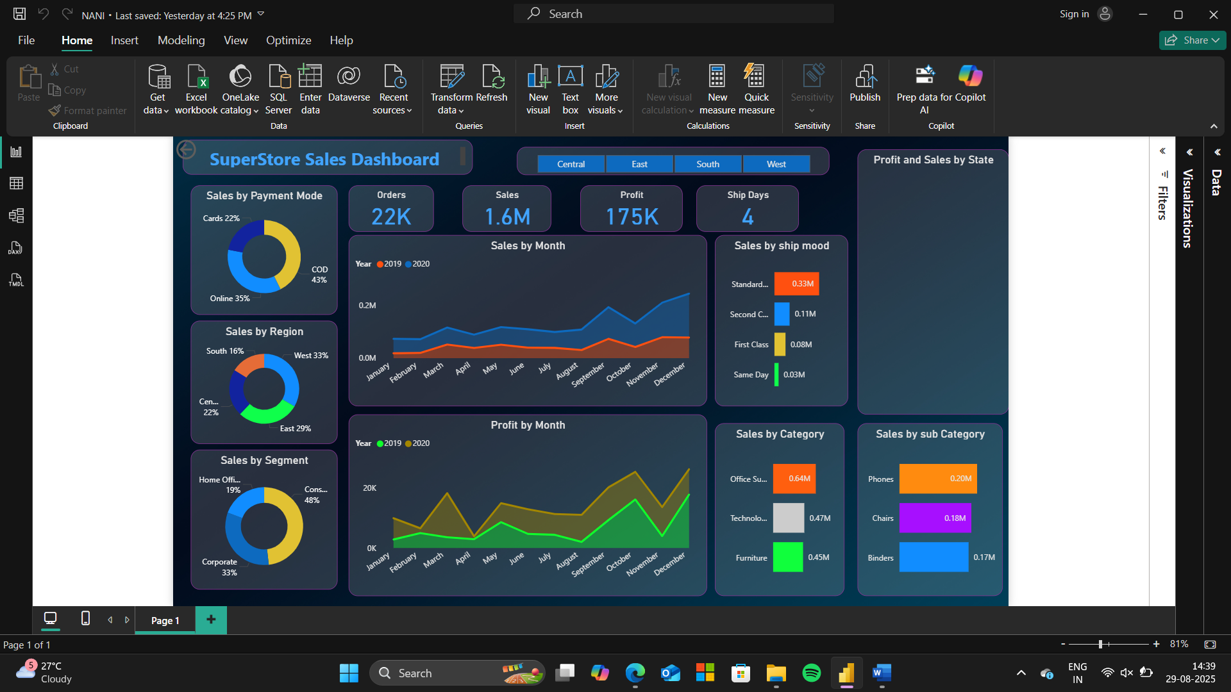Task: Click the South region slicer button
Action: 708,164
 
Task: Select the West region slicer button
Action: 776,164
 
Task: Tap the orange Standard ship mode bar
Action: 796,284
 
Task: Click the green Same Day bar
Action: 776,375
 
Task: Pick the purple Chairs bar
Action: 935,518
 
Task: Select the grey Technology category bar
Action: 789,518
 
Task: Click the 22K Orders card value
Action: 391,217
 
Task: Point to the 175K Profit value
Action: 632,217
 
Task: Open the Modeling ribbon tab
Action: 181,40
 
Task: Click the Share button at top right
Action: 1192,40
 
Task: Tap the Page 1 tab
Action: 165,620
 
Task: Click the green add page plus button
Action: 211,619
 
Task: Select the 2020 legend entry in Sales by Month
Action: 417,264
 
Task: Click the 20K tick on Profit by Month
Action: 370,488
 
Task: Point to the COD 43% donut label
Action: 319,275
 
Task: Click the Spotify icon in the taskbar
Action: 812,673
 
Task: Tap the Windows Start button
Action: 349,673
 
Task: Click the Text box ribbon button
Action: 570,90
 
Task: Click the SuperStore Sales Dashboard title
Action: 324,159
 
